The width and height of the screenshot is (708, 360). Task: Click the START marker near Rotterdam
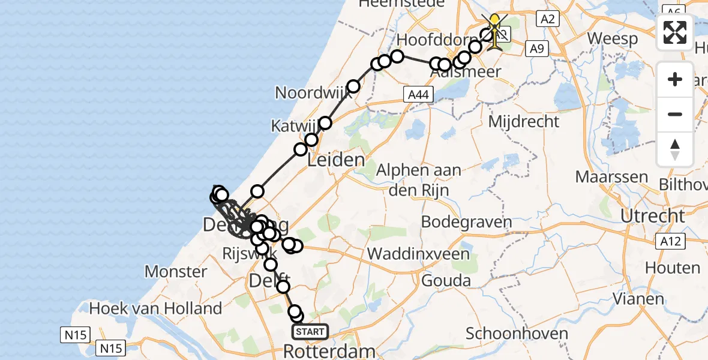pos(310,331)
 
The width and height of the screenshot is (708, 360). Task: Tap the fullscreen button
pos(675,32)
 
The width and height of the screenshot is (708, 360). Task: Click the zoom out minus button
pos(675,114)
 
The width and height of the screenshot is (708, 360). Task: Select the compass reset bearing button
pos(675,149)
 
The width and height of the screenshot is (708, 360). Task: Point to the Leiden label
pos(336,160)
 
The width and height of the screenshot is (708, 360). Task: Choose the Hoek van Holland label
pos(155,309)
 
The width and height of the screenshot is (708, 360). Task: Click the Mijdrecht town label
pos(524,122)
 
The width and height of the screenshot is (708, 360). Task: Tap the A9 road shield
pos(537,48)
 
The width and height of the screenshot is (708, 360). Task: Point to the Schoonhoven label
pos(517,334)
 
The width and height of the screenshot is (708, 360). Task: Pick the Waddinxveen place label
pos(418,254)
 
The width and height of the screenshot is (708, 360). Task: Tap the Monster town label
pos(176,271)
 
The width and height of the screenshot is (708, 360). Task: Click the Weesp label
pos(612,38)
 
